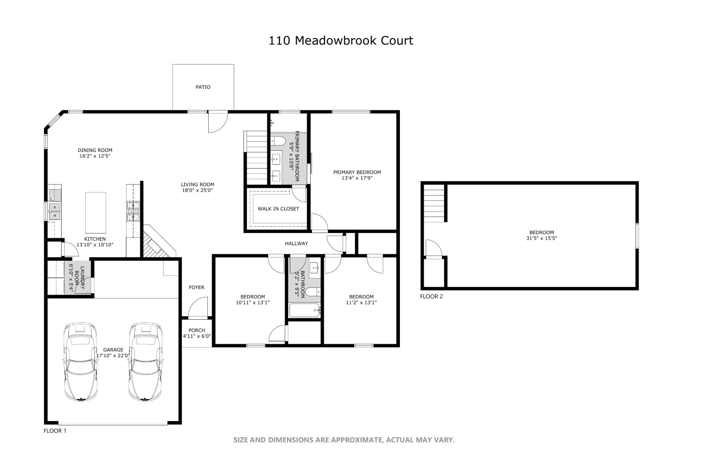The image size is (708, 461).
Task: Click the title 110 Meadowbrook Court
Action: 341,41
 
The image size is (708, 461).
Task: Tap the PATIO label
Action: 203,87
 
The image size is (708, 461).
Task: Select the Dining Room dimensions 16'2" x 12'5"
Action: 95,156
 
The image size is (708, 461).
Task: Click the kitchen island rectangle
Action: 96,212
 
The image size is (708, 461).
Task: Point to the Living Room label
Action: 197,185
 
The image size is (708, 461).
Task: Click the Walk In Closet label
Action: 278,209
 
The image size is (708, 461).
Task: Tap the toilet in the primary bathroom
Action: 279,141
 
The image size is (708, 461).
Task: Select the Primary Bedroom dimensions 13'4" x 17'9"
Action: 357,178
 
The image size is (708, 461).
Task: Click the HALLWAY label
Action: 296,244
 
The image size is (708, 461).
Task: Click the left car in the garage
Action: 80,363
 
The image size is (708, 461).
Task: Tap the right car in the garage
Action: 145,363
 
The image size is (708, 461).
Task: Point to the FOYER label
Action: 196,288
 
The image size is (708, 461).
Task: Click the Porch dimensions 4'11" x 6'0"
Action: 197,336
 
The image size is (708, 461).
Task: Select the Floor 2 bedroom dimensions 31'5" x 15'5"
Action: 541,239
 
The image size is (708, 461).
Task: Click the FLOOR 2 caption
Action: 431,297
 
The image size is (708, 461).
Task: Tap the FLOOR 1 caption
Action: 55,431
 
